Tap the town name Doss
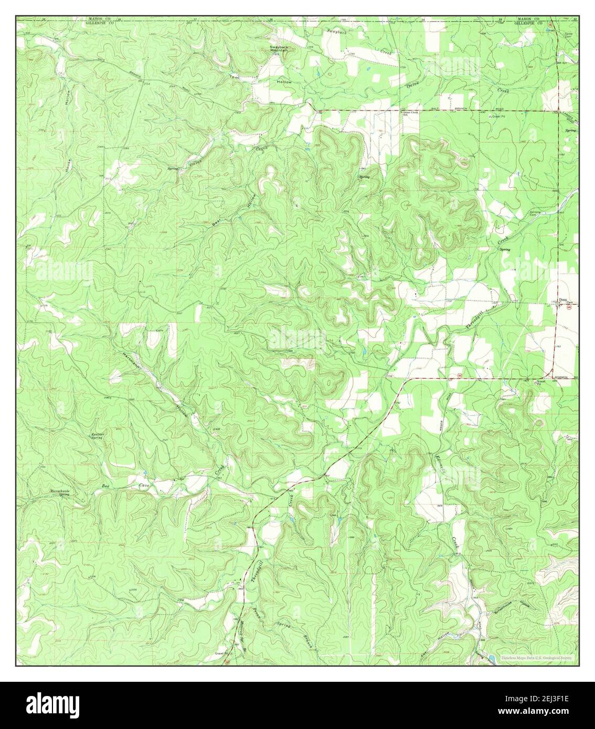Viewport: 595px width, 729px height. tap(563, 300)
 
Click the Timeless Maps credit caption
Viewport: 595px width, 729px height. tap(537, 658)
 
